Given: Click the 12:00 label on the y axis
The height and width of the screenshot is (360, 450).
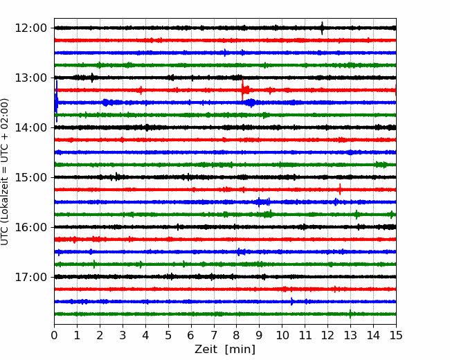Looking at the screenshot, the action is coord(30,28).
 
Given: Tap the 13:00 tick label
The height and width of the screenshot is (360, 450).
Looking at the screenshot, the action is coord(30,78).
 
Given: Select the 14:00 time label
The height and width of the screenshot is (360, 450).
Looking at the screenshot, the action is coord(30,128).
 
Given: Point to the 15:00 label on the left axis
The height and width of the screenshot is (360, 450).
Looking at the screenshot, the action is coord(30,177).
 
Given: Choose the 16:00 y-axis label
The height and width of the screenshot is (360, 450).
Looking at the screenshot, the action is coord(30,227).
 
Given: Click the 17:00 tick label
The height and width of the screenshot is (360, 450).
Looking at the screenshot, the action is coord(30,278).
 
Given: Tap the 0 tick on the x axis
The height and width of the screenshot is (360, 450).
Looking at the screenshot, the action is coord(54,335).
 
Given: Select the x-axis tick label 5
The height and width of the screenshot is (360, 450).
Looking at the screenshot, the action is coord(168,335).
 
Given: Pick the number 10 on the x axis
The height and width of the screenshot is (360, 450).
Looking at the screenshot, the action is coord(282,335).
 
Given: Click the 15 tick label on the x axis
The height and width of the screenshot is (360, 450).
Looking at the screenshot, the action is coord(396,335).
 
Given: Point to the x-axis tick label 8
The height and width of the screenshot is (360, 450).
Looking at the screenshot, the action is coord(237,335).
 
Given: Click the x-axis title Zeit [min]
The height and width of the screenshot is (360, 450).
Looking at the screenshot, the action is coord(225,350).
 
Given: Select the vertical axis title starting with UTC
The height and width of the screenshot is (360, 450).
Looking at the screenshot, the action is coord(5,172).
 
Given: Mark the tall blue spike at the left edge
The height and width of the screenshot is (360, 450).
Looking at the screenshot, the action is coord(57,101).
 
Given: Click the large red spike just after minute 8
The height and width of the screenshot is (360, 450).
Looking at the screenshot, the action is coord(242,89).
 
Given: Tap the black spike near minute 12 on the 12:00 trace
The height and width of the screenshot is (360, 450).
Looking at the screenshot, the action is coord(322,28).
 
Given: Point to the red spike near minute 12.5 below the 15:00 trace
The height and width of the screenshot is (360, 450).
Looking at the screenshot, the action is coord(340,189).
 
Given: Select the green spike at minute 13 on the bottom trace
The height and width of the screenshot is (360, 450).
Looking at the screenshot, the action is coord(350,314).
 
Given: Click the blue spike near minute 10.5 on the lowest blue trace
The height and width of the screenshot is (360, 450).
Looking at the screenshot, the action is coord(291,301).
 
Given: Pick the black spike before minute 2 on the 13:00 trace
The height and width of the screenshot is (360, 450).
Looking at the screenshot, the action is coord(92,78).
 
